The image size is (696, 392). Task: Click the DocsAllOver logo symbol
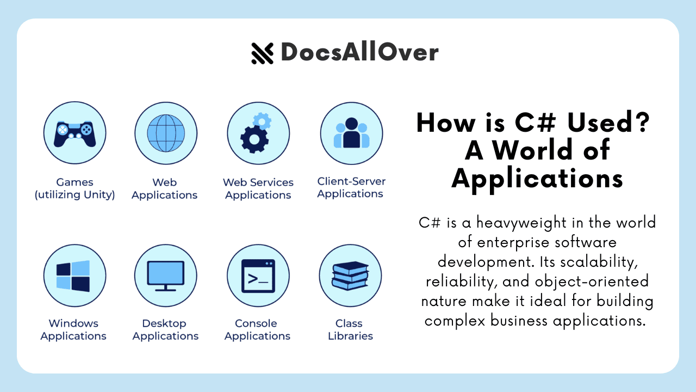point(262,53)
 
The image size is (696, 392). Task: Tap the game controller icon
point(74,133)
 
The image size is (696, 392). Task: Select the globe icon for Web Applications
point(166,133)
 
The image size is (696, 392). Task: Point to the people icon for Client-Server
point(351,133)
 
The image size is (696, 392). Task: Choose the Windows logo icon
point(73,275)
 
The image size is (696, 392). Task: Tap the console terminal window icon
point(258,275)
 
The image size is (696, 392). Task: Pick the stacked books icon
point(350,275)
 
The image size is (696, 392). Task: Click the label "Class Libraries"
point(350,330)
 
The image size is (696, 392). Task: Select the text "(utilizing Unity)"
point(74,195)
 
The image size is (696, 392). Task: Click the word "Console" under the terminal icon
point(256,324)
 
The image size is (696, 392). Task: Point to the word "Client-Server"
point(351,181)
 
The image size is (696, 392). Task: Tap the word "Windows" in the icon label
point(73,324)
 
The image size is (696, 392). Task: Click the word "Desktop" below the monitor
point(164,324)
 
